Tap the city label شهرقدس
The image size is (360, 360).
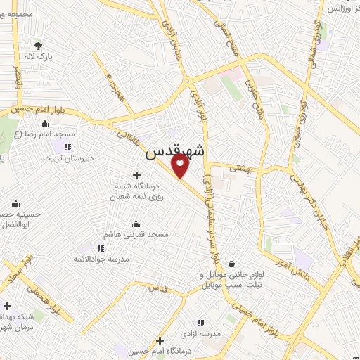[x=176, y=152]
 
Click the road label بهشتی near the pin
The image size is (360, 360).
[x=244, y=169]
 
